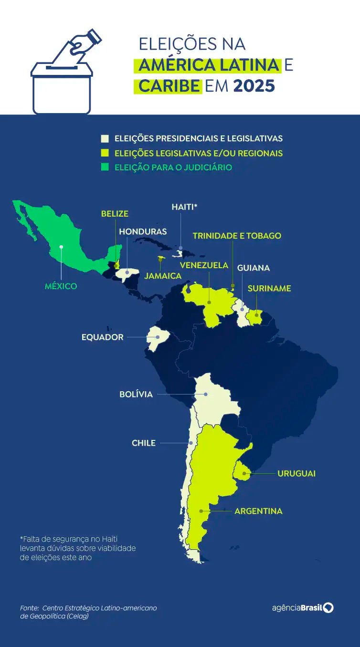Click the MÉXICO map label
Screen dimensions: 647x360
click(x=61, y=286)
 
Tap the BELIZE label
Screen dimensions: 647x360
click(x=115, y=214)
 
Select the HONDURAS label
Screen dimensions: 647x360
click(x=143, y=231)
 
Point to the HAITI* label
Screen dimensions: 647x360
click(x=184, y=207)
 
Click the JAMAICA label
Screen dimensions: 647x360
click(x=163, y=276)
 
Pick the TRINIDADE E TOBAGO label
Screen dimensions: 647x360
click(x=237, y=236)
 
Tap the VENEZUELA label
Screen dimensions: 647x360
click(x=204, y=265)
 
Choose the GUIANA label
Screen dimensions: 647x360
click(x=254, y=268)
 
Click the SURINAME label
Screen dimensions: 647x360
click(x=269, y=289)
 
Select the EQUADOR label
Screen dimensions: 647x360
click(x=103, y=337)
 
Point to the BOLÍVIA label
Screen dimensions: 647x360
click(x=136, y=394)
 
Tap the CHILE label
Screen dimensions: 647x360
click(x=144, y=443)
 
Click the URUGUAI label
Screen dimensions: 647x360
click(x=296, y=474)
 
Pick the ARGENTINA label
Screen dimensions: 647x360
click(x=258, y=511)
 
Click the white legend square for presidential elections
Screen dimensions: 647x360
click(x=105, y=139)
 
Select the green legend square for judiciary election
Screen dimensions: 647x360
click(x=105, y=167)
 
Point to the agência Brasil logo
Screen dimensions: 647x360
click(x=303, y=607)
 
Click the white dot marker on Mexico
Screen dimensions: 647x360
click(x=61, y=247)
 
